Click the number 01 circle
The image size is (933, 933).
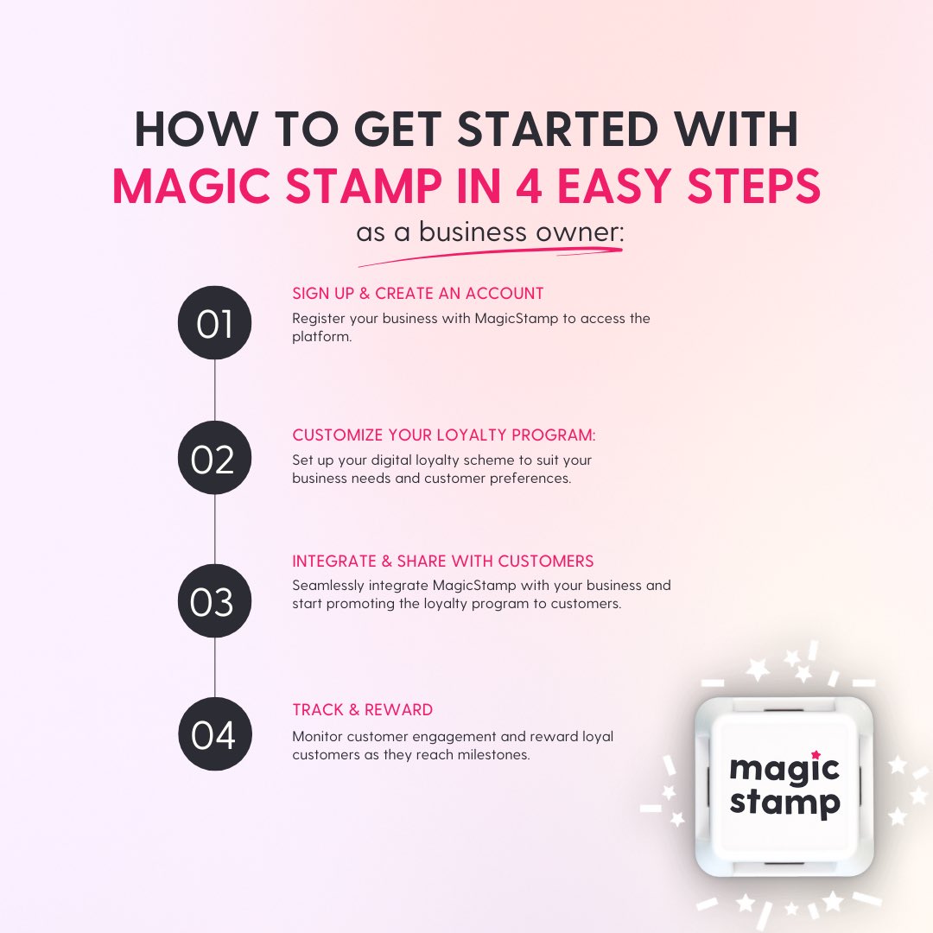(x=214, y=324)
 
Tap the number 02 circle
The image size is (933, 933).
(x=214, y=459)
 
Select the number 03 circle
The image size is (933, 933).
(x=214, y=601)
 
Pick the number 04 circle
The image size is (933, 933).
(x=214, y=734)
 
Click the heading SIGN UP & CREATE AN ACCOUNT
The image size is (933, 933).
(x=418, y=294)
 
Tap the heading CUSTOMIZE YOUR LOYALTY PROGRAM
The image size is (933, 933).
(x=444, y=435)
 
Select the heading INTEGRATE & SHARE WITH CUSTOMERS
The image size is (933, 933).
(x=443, y=562)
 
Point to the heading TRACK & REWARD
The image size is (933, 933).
(x=363, y=710)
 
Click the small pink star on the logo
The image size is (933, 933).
(x=816, y=754)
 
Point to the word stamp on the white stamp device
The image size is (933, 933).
(x=784, y=803)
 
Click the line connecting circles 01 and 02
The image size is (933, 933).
(x=214, y=391)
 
